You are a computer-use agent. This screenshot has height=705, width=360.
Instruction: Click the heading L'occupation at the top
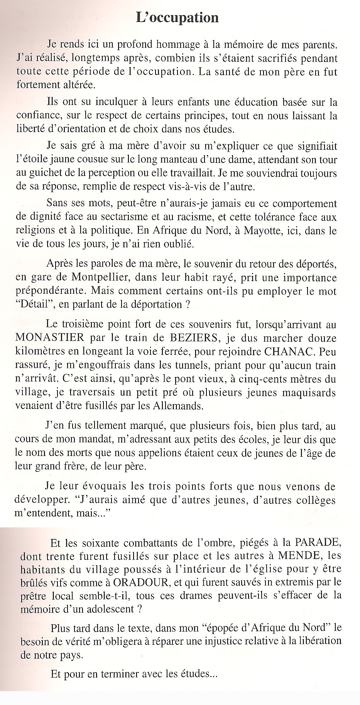pyautogui.click(x=177, y=18)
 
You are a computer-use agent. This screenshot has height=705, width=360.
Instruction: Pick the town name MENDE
pyautogui.click(x=301, y=556)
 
